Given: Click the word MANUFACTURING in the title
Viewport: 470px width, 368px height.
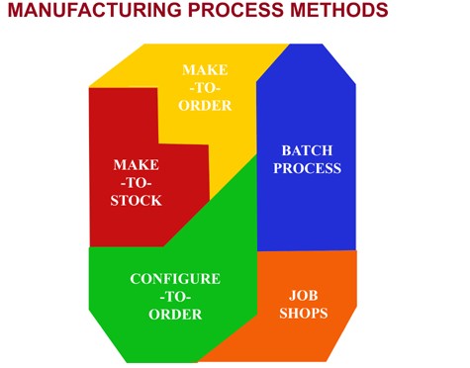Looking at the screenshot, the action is pos(92,13).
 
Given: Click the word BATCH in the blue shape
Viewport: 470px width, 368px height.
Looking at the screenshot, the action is pos(306,150).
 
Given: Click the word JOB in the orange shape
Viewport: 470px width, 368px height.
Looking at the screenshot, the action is pos(302,295).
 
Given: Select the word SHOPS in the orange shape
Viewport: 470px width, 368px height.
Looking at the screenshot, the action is pos(302,314).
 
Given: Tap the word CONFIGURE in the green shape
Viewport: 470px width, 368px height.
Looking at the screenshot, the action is pos(175,279).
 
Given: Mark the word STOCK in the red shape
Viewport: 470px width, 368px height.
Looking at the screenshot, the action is pos(136,200).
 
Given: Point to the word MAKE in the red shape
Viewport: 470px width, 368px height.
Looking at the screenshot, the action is pos(136,164).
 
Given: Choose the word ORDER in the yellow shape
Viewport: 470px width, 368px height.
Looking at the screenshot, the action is pos(205,106).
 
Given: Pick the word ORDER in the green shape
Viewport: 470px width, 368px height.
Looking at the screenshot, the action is pos(175,315).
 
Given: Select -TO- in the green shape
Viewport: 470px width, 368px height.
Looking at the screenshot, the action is pos(175,297).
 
